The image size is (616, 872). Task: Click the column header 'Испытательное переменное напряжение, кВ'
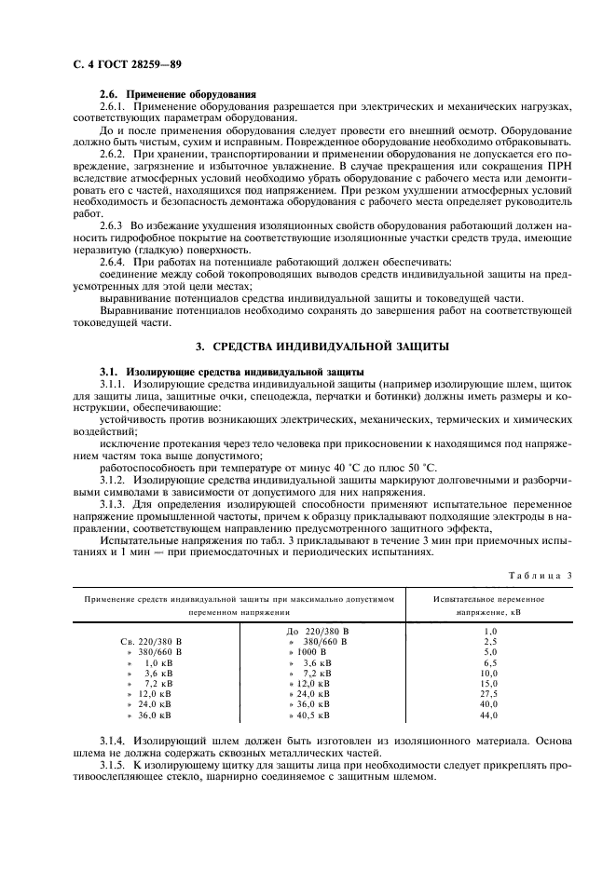[x=489, y=606]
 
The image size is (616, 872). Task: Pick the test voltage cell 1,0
[x=490, y=632]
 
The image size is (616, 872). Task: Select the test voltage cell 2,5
[x=490, y=642]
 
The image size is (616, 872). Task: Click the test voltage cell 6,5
[x=490, y=662]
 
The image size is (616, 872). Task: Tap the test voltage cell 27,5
[x=490, y=694]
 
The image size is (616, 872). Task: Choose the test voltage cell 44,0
[x=490, y=715]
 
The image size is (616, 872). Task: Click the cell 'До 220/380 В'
[x=319, y=632]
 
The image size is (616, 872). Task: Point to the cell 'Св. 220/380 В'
[x=152, y=642]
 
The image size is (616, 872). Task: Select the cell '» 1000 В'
[x=308, y=652]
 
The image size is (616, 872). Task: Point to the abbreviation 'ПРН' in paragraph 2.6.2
[x=559, y=164]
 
